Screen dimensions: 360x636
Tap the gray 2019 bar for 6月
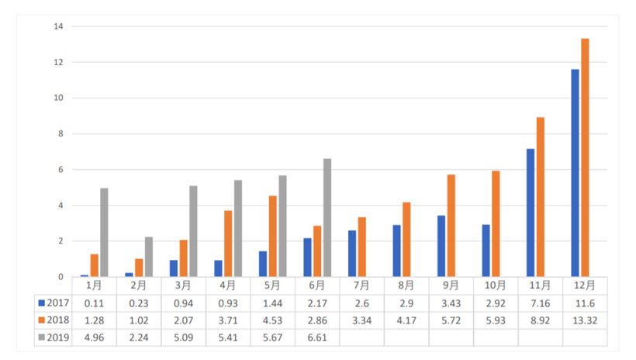327,218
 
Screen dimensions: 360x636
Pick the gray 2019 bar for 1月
104,233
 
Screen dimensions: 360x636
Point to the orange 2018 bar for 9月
451,226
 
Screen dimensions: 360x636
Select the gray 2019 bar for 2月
149,257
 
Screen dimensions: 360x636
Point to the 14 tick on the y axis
57,26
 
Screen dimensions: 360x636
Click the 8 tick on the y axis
59,133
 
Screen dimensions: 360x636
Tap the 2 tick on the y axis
59,241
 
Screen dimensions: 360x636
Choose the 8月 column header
406,285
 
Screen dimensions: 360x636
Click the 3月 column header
183,285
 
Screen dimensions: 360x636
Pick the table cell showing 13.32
585,320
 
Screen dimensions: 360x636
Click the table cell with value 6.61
317,337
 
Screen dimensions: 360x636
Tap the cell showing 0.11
94,302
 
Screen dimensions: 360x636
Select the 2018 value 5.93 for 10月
496,320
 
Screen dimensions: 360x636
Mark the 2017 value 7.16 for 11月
541,302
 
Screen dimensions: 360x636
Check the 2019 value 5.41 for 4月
228,337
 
